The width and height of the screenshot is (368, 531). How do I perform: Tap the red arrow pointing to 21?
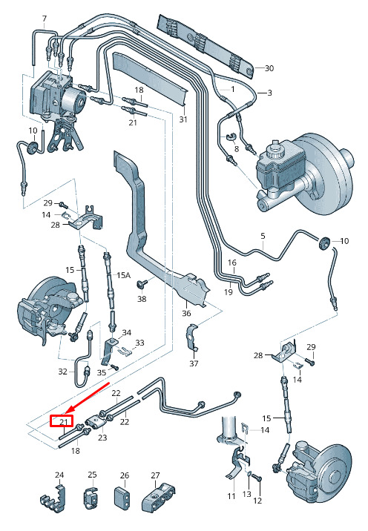tap(87, 398)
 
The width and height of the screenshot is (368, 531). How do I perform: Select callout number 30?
tap(269, 68)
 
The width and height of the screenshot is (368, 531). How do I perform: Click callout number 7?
tap(45, 19)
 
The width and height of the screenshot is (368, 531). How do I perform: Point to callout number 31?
tap(183, 119)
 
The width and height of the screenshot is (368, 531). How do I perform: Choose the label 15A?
tap(123, 275)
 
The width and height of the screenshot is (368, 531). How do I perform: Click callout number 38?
tap(142, 299)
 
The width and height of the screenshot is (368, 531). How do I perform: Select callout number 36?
tap(186, 313)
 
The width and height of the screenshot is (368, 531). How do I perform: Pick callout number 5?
tap(263, 236)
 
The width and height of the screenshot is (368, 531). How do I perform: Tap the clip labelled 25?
tap(90, 498)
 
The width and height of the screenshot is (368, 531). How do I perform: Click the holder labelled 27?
tap(158, 498)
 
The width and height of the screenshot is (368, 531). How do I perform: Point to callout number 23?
tap(102, 438)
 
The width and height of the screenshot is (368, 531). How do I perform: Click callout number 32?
tap(62, 372)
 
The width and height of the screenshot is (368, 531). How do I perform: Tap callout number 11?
tap(231, 496)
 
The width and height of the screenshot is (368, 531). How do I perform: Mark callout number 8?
tap(236, 148)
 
